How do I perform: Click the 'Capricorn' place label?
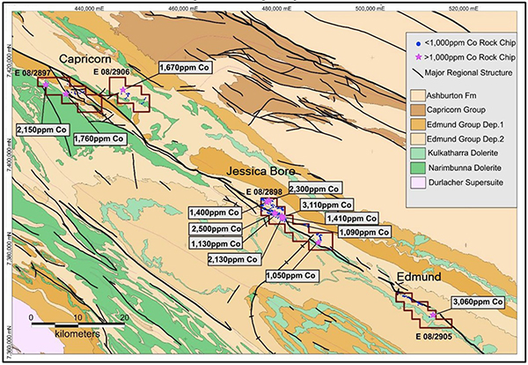tap(84, 58)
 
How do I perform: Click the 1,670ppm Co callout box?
tap(188, 67)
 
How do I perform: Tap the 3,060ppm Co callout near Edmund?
tap(480, 302)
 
